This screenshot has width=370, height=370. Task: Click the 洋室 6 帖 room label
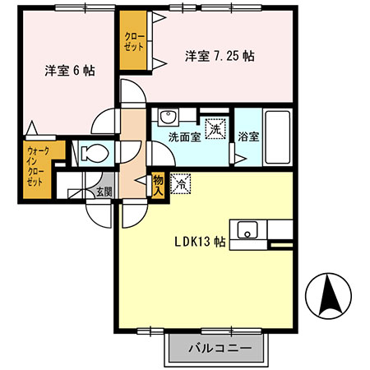pos(70,71)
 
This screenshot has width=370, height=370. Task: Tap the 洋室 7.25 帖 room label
pos(219,57)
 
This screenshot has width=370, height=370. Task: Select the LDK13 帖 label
pos(199,242)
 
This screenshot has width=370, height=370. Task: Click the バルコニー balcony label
pos(218,347)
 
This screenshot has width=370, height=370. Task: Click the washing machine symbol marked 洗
pos(215,129)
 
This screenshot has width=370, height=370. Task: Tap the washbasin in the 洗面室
pos(168,116)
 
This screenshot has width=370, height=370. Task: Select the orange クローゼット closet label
pos(132,41)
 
